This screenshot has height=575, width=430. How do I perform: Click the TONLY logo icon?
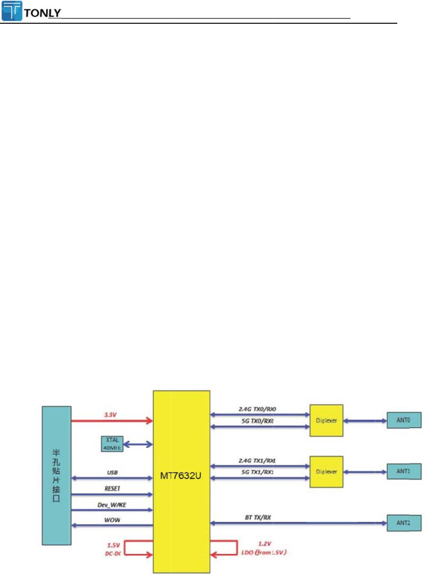point(11,10)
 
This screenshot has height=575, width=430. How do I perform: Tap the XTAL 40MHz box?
point(112,444)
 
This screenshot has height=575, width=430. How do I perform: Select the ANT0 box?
point(404,420)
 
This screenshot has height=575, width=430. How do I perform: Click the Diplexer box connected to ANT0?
point(327,420)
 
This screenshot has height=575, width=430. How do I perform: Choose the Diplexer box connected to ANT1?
point(327,472)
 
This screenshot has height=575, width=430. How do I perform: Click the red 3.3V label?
point(111,414)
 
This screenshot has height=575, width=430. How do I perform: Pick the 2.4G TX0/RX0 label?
point(258,408)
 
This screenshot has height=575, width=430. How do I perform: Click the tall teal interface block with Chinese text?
point(56,475)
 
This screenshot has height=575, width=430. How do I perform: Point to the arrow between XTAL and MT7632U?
point(138,445)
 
